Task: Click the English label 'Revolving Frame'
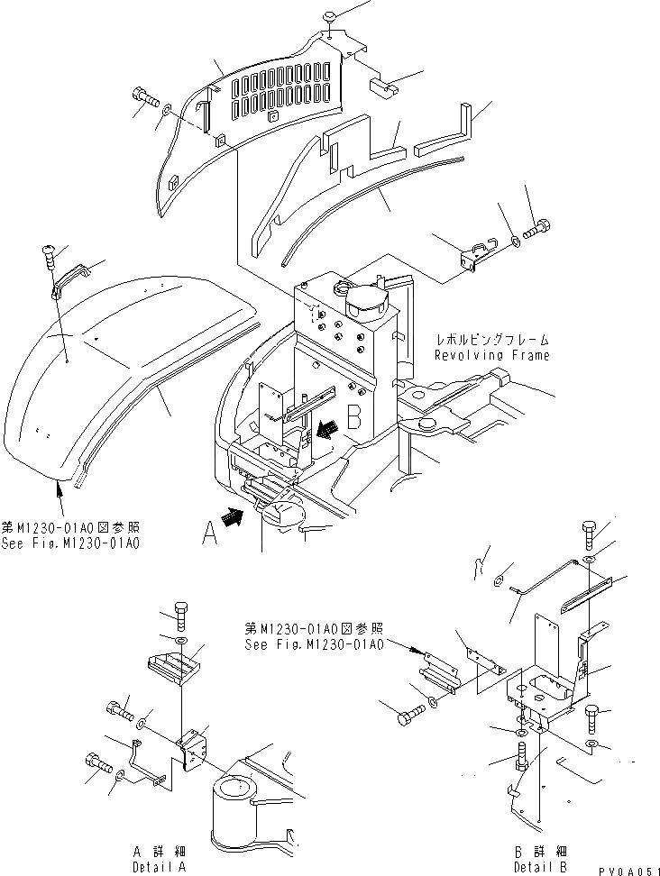click(491, 355)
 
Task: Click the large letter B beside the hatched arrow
click(354, 416)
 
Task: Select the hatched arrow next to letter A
click(230, 517)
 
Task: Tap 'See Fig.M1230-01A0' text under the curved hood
click(71, 543)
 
